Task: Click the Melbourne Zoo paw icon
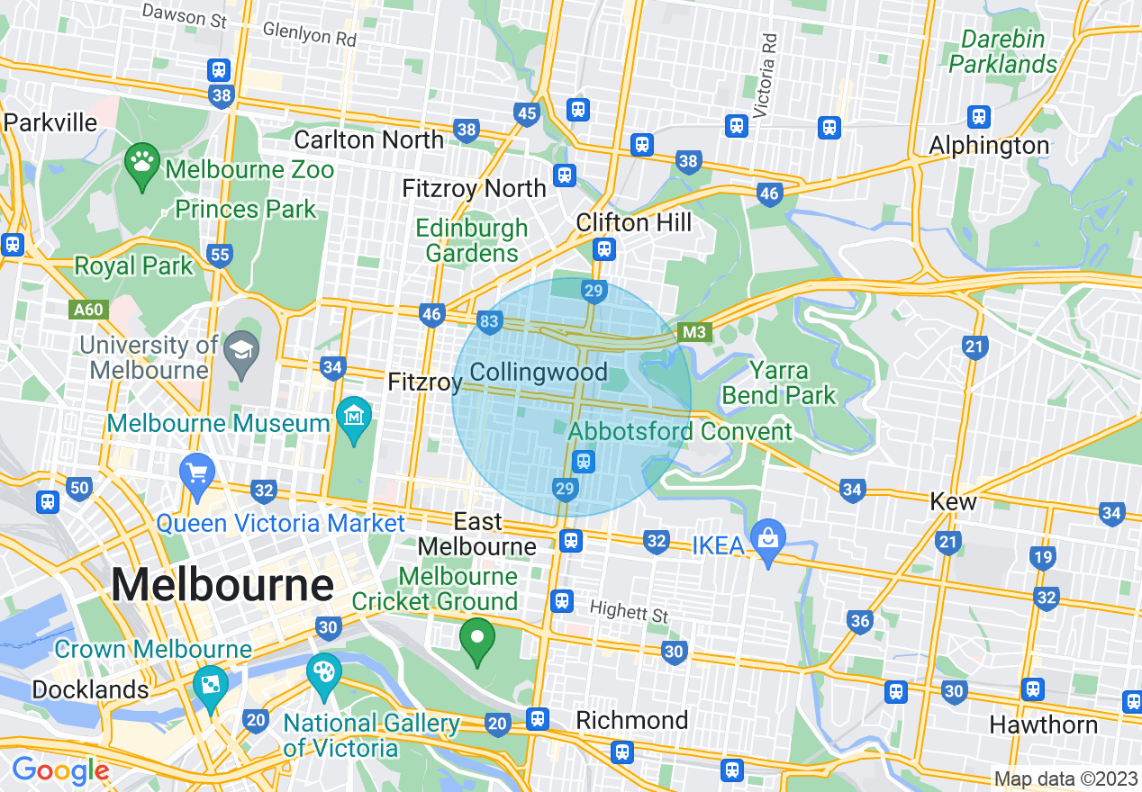[141, 163]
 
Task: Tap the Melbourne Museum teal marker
[354, 417]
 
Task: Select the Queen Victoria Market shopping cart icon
[197, 473]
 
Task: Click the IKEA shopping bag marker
[768, 539]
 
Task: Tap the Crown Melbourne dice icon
[210, 685]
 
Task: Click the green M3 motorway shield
[694, 333]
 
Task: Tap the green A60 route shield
[88, 310]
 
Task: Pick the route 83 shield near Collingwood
[489, 322]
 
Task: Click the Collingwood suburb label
[539, 373]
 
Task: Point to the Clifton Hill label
[634, 222]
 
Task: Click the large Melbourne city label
[222, 586]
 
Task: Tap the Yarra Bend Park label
[778, 382]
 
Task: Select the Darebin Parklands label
[1002, 51]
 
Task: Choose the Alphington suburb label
[988, 146]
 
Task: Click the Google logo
[60, 770]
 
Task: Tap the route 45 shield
[527, 113]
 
